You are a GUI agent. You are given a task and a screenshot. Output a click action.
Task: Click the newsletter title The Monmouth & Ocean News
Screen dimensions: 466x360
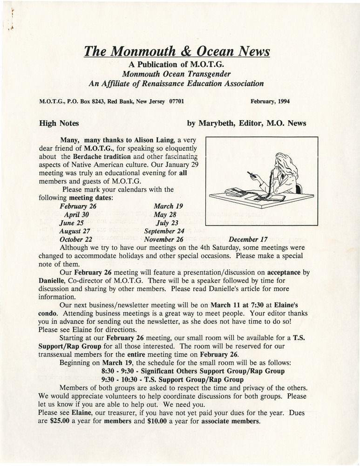point(177,50)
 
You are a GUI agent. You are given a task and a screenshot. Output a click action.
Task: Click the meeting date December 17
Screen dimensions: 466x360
point(247,239)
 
